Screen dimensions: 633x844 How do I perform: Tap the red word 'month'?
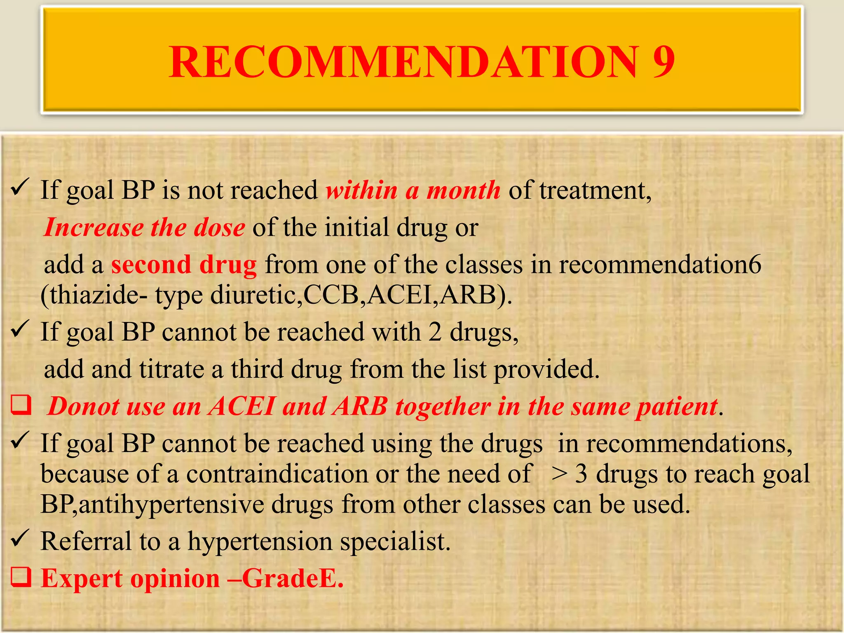click(463, 190)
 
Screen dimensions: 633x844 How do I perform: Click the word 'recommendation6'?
click(660, 265)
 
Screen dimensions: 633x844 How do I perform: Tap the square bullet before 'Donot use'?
click(21, 406)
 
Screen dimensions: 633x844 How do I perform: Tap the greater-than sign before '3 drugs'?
click(560, 474)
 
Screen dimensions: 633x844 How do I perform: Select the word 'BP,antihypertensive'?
click(152, 504)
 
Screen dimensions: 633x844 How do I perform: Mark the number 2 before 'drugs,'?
click(435, 332)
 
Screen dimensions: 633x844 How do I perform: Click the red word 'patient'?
click(676, 407)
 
